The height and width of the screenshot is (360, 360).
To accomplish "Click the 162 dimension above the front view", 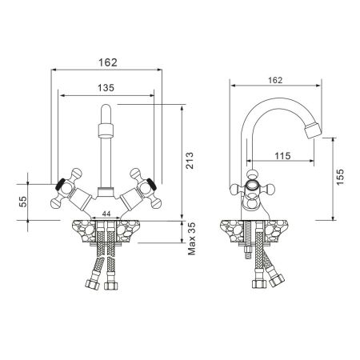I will click(x=106, y=61).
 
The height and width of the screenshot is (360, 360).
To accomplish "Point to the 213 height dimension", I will click(x=190, y=165).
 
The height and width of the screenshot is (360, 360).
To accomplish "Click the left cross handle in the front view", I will click(x=64, y=189).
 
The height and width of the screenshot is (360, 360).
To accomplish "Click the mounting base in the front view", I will click(x=105, y=233).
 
